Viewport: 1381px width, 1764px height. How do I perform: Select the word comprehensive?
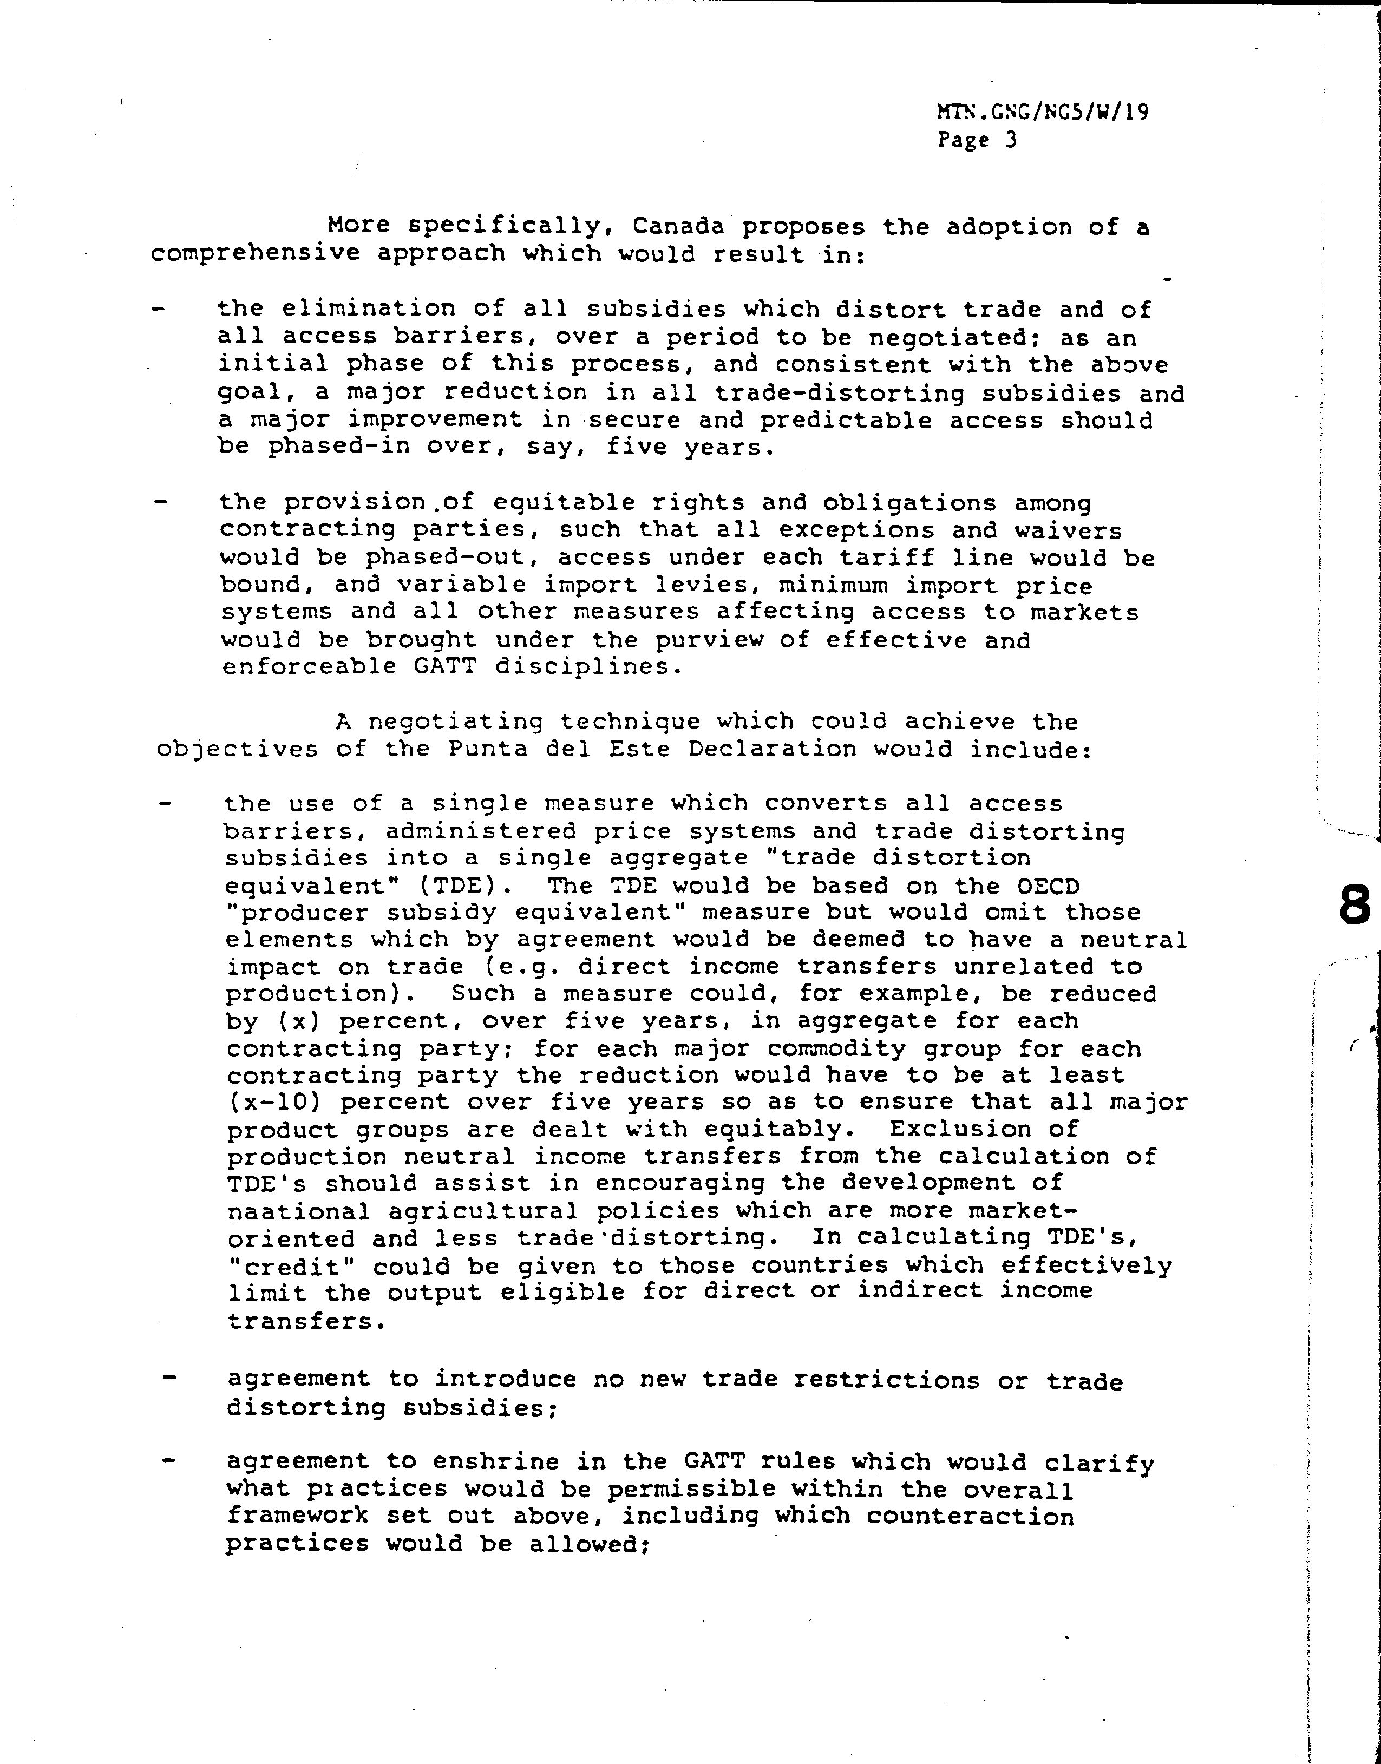[254, 254]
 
